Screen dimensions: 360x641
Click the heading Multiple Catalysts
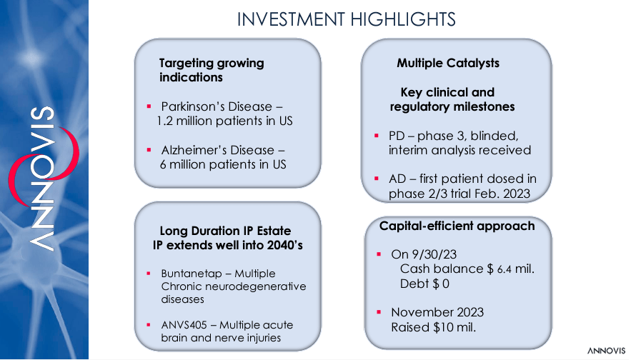pyautogui.click(x=448, y=63)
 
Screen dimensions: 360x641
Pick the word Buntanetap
pyautogui.click(x=186, y=274)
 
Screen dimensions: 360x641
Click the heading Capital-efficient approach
pyautogui.click(x=457, y=226)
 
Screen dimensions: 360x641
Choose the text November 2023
pyautogui.click(x=437, y=312)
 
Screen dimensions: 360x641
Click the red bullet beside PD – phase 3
pyautogui.click(x=377, y=135)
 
